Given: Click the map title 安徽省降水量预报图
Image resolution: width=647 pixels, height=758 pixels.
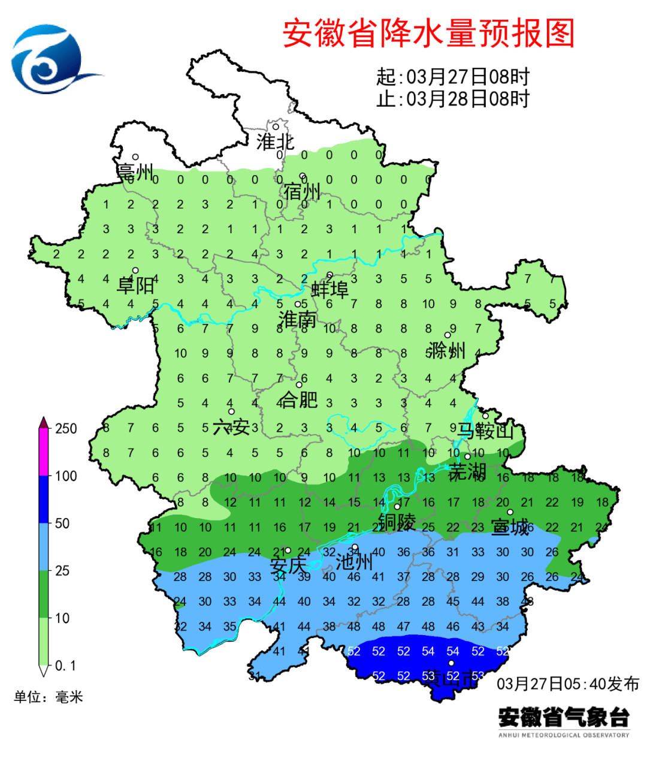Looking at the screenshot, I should click(428, 33).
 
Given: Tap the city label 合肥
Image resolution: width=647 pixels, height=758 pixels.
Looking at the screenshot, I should click(299, 399).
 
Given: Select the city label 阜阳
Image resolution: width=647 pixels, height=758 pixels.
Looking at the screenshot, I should click(135, 285).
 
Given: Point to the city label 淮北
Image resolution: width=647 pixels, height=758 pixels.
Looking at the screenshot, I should click(275, 142).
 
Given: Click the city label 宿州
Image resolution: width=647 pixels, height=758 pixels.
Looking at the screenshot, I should click(302, 192).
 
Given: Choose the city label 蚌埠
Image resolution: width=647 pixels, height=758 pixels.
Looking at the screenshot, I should click(329, 290).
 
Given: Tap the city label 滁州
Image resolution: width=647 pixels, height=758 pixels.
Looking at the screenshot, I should click(447, 350).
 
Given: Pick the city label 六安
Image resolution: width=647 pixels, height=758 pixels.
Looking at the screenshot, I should click(231, 428).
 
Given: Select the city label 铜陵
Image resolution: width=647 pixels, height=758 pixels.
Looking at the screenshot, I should click(397, 522).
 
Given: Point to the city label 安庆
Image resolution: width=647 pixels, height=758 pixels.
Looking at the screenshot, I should click(288, 566).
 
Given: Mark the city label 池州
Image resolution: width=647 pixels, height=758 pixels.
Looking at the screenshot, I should click(354, 562).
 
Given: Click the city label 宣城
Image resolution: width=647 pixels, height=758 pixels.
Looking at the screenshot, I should click(510, 528).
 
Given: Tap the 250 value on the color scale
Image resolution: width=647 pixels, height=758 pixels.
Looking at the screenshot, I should click(66, 428).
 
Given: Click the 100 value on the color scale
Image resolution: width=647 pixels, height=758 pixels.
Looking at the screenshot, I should click(66, 476).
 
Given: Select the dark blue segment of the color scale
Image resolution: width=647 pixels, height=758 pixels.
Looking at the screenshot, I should click(43, 499).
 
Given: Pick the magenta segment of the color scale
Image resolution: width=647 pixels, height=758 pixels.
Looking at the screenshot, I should click(43, 453).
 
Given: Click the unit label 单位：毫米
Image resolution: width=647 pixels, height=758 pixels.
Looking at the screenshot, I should click(49, 697).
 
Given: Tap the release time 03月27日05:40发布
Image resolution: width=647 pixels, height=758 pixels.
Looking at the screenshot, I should click(567, 684).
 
